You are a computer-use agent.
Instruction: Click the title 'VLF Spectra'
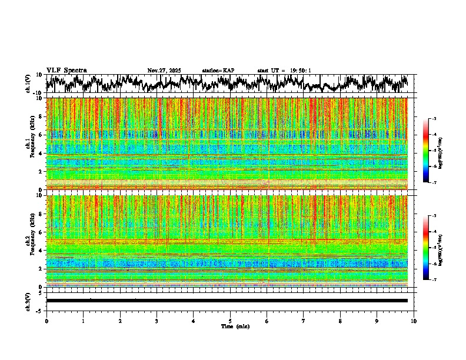tap(66, 70)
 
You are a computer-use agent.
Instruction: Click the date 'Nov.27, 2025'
tap(164, 71)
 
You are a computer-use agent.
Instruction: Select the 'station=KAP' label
tap(218, 71)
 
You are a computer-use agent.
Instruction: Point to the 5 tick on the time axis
tap(230, 321)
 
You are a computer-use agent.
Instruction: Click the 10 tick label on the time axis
tap(414, 321)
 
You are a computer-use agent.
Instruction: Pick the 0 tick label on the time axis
tap(46, 321)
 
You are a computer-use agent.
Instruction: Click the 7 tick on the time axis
tap(304, 321)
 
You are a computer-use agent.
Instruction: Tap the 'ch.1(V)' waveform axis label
tap(28, 84)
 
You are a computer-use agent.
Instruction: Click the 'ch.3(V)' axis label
tap(28, 300)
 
